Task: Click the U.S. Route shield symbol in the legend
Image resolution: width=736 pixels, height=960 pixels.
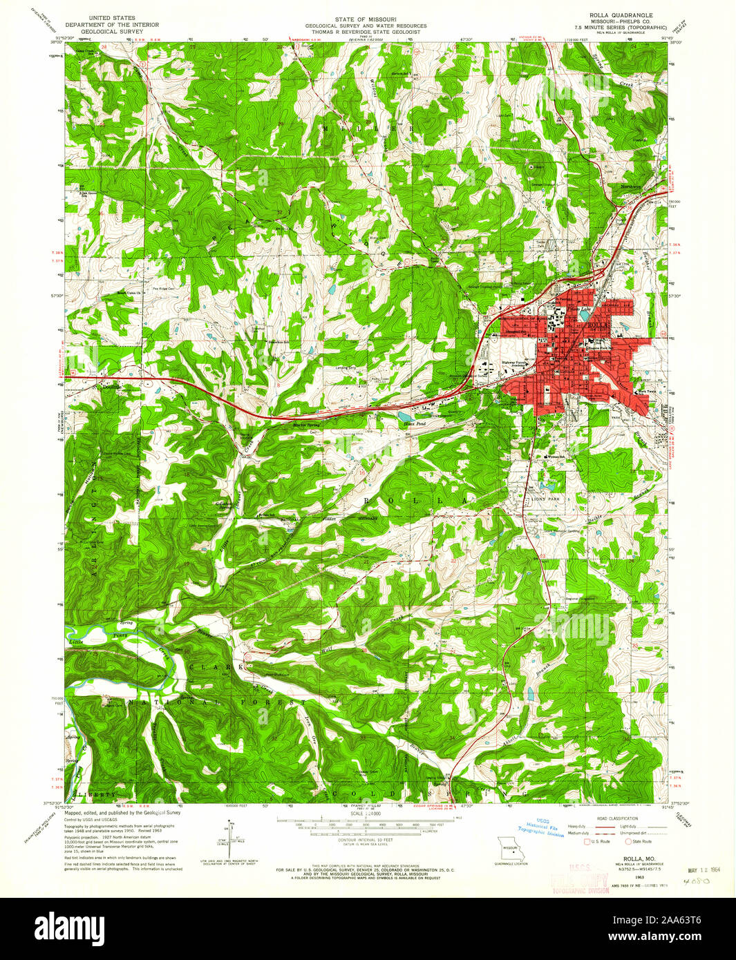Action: tap(587, 841)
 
